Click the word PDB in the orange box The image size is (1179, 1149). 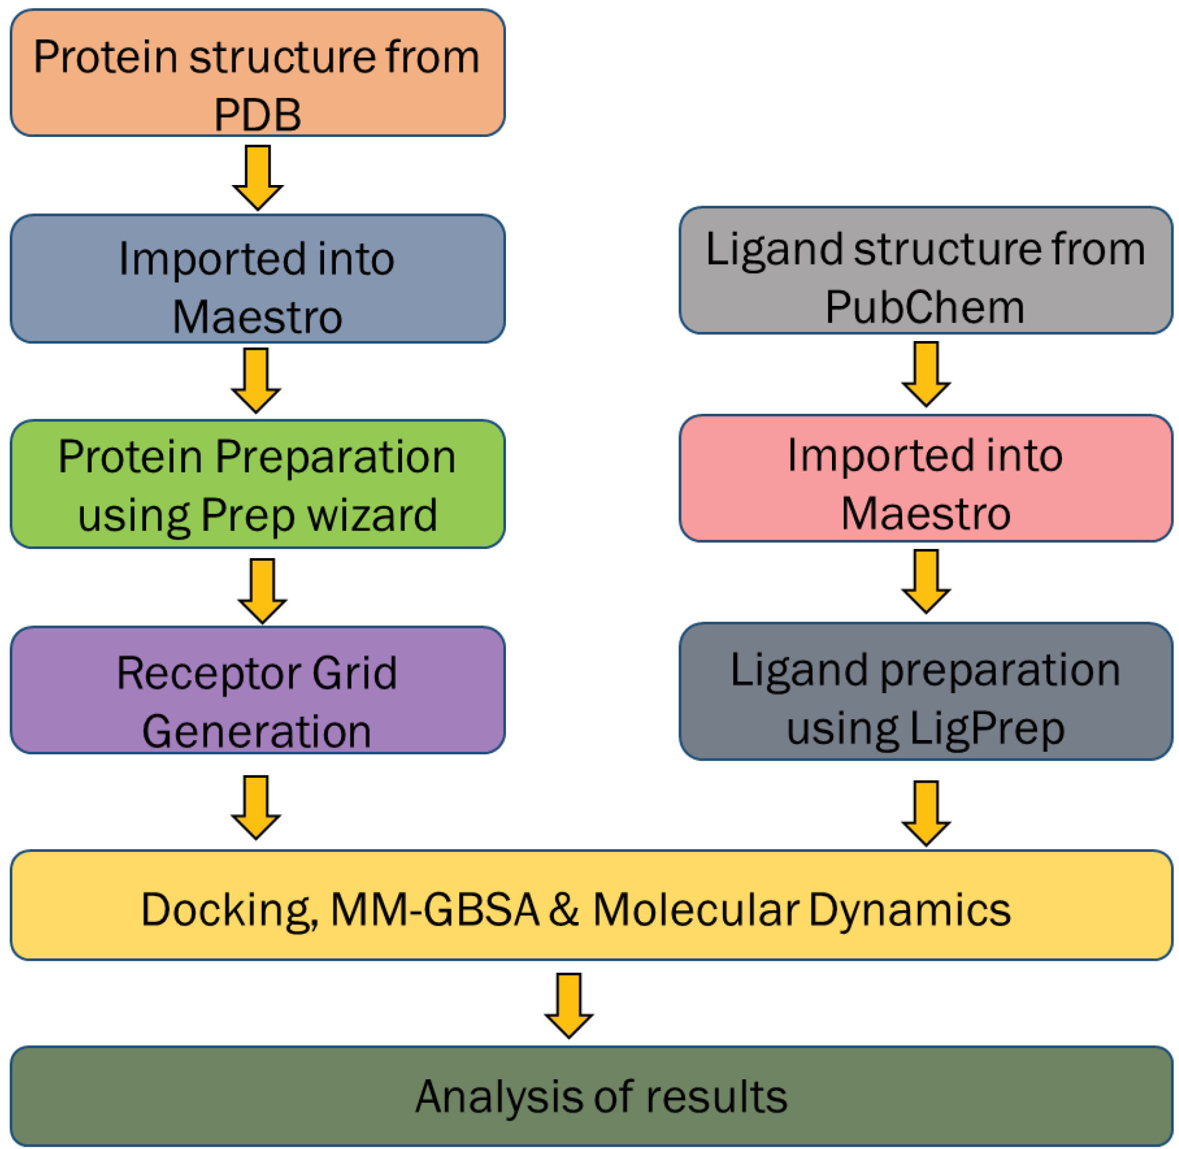point(257,115)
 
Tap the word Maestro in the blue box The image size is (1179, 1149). point(257,317)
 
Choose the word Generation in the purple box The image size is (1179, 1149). point(256,731)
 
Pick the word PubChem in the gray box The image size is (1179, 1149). point(924,307)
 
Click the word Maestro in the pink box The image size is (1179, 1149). point(926,514)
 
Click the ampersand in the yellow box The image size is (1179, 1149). point(564,909)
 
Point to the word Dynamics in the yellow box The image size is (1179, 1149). point(910,910)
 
